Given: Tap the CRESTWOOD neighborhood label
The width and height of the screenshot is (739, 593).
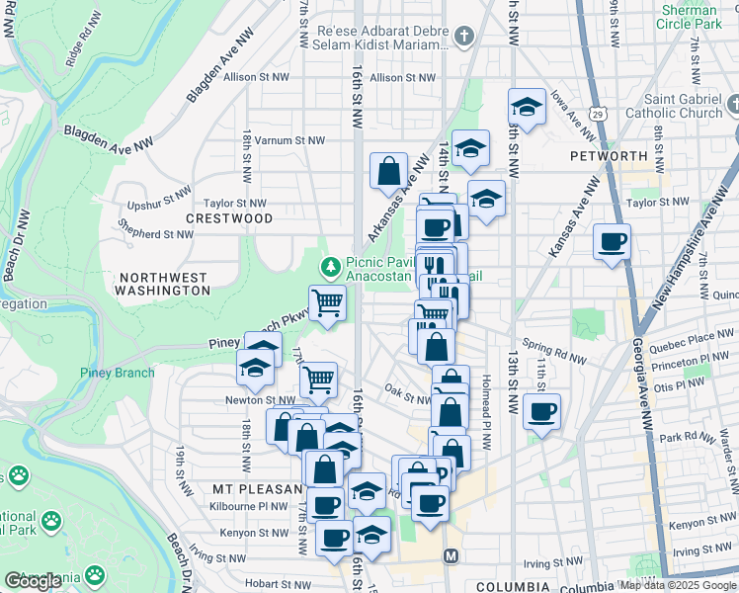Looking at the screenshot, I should [x=229, y=217].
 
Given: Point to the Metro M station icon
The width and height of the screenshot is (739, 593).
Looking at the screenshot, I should [x=452, y=556].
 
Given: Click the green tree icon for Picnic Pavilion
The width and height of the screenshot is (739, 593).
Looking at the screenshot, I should [x=331, y=265].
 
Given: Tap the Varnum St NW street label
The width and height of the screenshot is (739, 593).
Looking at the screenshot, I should [x=289, y=140].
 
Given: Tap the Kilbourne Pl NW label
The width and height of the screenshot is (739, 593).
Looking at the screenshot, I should [x=249, y=505].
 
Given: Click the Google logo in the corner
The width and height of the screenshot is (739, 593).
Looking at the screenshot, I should [x=33, y=580].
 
